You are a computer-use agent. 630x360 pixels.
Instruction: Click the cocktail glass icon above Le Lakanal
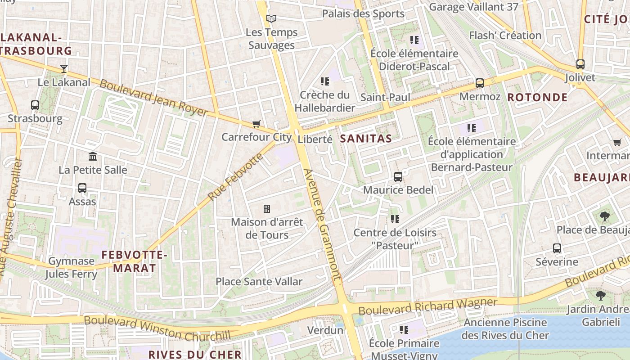[x=64, y=69]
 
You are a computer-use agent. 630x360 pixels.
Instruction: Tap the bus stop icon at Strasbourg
[x=35, y=105]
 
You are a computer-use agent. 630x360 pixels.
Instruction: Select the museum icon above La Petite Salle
[x=93, y=157]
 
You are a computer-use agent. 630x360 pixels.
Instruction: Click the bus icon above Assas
[x=82, y=188]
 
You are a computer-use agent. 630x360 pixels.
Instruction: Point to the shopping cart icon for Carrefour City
[x=256, y=124]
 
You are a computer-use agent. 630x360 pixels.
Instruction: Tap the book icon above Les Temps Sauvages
[x=271, y=18]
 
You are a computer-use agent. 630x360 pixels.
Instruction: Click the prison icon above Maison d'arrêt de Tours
[x=267, y=209]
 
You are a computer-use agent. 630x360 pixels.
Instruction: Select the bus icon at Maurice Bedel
[x=398, y=177]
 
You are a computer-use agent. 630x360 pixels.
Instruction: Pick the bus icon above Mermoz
[x=480, y=83]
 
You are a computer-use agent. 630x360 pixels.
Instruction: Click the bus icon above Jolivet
[x=580, y=64]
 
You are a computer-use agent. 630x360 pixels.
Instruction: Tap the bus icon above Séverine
[x=557, y=248]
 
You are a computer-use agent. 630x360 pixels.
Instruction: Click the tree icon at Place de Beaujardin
[x=605, y=216]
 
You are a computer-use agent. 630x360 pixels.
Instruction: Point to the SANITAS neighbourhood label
[x=366, y=139]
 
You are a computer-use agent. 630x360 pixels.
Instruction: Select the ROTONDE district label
[x=537, y=97]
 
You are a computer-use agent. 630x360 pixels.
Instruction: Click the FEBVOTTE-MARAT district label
[x=134, y=261]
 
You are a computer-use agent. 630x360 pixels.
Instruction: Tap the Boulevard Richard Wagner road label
[x=427, y=307]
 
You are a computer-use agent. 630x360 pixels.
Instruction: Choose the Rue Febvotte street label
[x=235, y=177]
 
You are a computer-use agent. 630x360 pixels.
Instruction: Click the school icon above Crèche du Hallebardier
[x=325, y=81]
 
